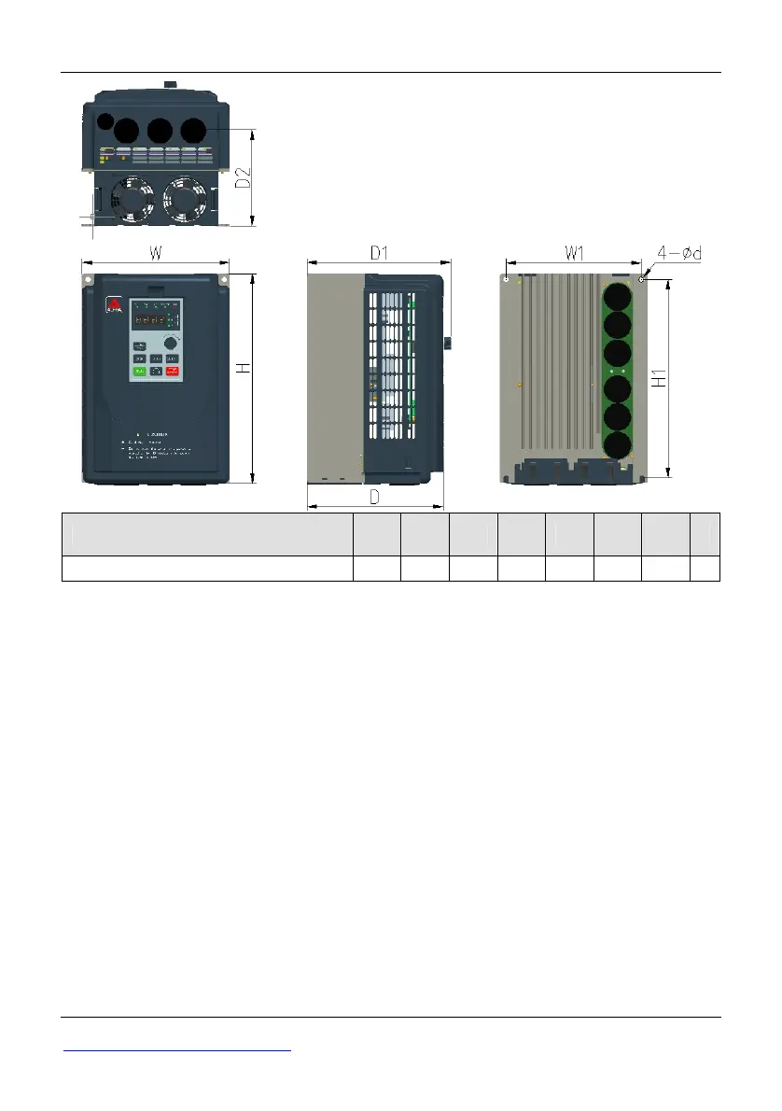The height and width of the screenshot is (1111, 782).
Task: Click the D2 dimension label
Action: [x=242, y=177]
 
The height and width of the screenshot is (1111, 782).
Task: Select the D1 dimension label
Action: [x=378, y=252]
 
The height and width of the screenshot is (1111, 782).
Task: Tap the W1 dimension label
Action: [x=574, y=253]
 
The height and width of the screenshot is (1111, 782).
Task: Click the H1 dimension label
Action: [x=658, y=378]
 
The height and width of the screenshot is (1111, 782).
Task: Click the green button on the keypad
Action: [x=139, y=372]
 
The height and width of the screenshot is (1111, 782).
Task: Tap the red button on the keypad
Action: [x=173, y=372]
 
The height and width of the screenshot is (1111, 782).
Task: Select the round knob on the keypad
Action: [x=170, y=342]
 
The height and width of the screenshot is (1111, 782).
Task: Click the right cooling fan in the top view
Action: [x=185, y=198]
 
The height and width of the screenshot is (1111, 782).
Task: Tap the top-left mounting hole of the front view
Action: [x=90, y=279]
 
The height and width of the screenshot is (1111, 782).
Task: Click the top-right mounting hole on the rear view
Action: [x=642, y=278]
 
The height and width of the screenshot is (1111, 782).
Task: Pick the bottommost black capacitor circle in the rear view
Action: [x=617, y=445]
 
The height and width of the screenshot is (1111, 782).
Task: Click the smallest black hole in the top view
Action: [x=106, y=121]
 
